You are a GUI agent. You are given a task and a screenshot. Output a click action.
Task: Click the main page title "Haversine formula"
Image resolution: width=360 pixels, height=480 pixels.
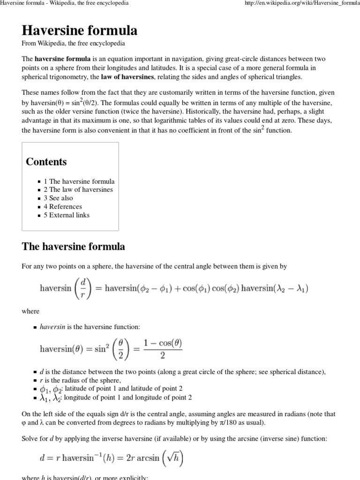(80, 31)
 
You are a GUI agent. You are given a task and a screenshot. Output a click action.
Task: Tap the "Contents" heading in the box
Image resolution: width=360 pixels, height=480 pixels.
(46, 162)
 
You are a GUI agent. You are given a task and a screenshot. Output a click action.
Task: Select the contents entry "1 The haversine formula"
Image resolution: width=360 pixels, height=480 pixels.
(79, 181)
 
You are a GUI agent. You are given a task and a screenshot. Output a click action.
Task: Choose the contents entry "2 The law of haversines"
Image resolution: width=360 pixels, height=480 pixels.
(78, 190)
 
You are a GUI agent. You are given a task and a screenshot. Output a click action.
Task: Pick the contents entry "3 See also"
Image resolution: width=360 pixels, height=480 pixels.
(58, 198)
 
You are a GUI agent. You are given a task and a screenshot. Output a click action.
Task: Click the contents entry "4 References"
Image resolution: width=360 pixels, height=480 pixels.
(63, 207)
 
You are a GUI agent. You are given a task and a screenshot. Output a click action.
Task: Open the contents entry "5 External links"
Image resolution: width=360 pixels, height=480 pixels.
(67, 215)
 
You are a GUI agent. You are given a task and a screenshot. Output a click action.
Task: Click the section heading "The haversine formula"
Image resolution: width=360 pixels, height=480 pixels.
(74, 247)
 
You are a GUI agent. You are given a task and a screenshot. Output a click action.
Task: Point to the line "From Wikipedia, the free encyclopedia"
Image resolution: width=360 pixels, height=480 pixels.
(74, 44)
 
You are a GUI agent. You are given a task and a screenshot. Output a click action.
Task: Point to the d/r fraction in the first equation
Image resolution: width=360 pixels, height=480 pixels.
(83, 288)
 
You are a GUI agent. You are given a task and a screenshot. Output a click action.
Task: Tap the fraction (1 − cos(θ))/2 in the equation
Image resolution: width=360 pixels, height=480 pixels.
(163, 349)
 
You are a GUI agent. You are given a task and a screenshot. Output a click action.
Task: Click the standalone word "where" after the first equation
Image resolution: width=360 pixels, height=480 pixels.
(31, 311)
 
